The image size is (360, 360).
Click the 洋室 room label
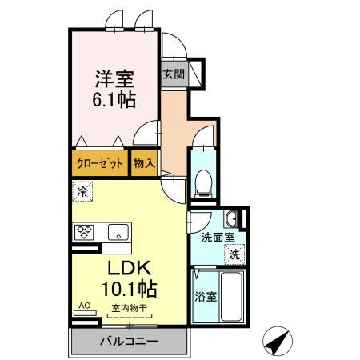[115, 80]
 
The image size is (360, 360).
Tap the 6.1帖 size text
[115, 100]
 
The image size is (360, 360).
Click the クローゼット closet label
[100, 163]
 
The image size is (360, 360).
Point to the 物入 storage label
[144, 163]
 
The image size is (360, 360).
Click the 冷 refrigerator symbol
[82, 191]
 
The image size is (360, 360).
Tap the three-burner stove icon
[85, 233]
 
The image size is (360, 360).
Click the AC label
[84, 305]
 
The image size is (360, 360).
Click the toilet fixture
[203, 182]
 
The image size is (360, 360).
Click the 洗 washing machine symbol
[234, 254]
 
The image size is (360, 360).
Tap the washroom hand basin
[231, 218]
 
